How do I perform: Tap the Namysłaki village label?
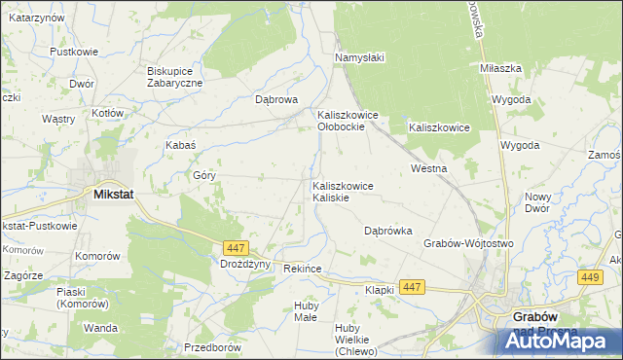click(x=360, y=57)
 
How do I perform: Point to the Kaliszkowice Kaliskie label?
click(x=342, y=191)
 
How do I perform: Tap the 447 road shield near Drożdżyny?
click(x=234, y=248)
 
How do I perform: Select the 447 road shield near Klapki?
click(x=412, y=287)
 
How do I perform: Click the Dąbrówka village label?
click(x=388, y=231)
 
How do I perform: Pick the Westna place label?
click(x=429, y=168)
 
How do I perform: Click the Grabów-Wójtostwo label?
click(x=468, y=242)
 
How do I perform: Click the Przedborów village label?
click(x=212, y=347)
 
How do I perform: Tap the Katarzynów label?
click(x=37, y=18)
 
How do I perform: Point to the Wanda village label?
click(x=100, y=328)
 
